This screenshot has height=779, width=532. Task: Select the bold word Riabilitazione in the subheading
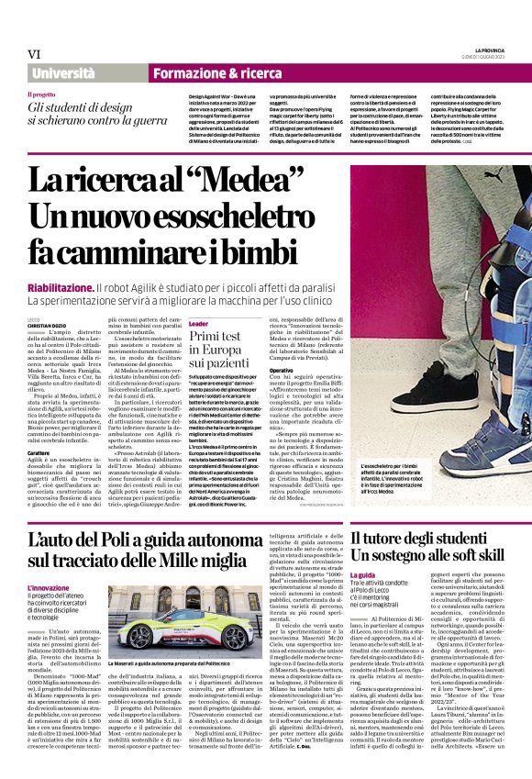pyautogui.click(x=61, y=288)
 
